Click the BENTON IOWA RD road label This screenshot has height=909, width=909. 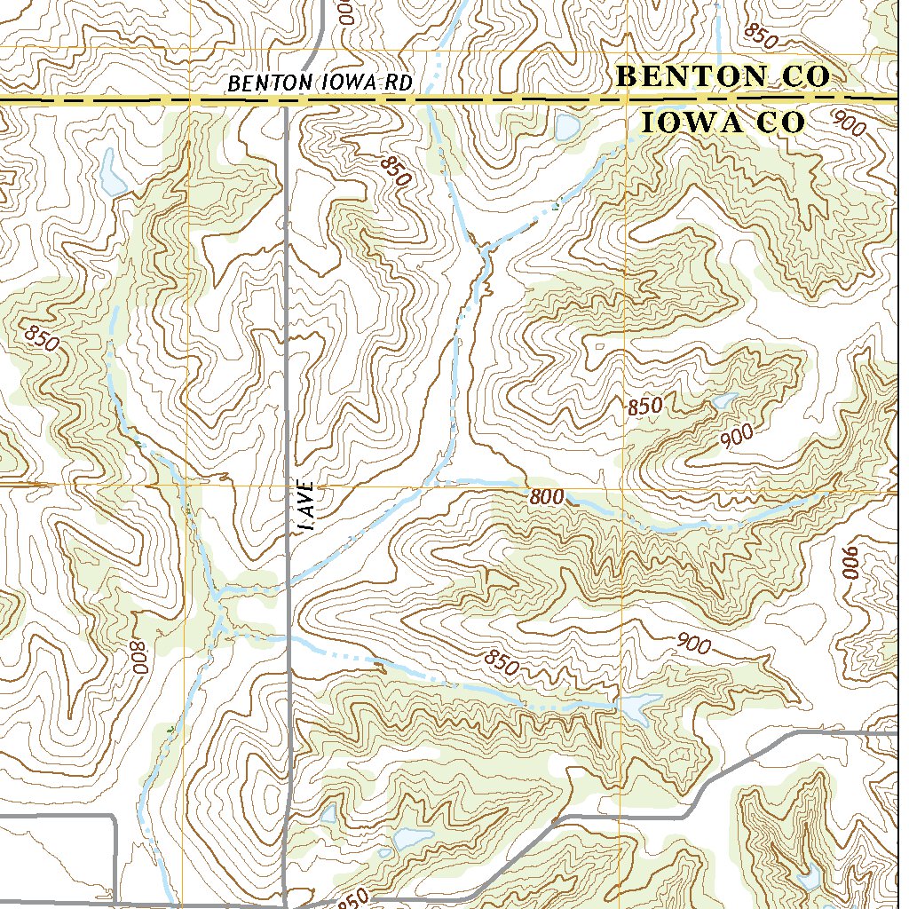[320, 83]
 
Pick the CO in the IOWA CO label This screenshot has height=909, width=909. [780, 123]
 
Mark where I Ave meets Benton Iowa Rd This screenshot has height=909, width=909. [287, 102]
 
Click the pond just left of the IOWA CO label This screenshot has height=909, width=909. [565, 128]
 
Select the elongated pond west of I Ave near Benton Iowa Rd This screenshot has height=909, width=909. [112, 173]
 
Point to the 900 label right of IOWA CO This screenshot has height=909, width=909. [850, 124]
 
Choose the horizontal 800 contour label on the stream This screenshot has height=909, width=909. [546, 497]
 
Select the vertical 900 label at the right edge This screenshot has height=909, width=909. [851, 563]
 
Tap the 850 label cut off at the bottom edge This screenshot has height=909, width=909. [353, 899]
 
